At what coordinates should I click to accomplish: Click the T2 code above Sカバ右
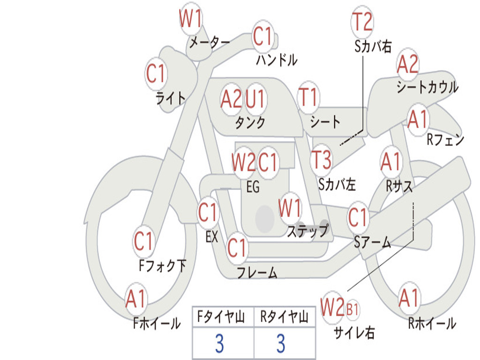tap(362, 22)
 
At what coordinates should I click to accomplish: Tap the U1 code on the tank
tap(255, 99)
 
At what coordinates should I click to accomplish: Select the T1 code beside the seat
tap(308, 97)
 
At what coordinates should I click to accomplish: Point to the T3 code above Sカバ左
tap(321, 159)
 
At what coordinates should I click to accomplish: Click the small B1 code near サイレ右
tap(352, 309)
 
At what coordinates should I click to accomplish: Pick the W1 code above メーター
tap(190, 18)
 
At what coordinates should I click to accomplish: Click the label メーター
tap(210, 42)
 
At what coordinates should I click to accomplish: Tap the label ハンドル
tap(277, 60)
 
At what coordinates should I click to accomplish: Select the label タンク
tap(250, 122)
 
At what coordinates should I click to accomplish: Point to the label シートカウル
tap(427, 87)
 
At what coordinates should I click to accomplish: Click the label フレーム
tap(257, 272)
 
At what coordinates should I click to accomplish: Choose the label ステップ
tap(308, 230)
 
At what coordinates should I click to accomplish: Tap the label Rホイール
tap(432, 323)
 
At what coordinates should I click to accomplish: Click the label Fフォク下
tap(162, 265)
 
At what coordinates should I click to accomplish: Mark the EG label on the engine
tap(253, 187)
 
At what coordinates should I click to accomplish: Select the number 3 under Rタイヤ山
tap(281, 343)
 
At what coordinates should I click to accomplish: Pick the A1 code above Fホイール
tap(135, 299)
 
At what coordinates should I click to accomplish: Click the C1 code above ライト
tap(156, 74)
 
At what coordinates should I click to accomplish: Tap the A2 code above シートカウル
tap(407, 64)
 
